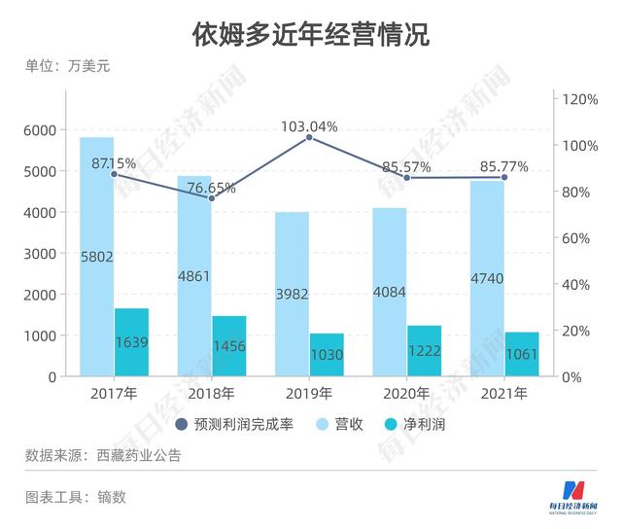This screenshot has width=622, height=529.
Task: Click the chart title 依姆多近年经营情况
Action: [310, 35]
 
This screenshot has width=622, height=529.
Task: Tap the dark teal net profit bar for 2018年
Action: [228, 346]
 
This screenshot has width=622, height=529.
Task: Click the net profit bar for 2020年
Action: [424, 351]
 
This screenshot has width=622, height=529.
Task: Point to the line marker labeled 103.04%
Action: [309, 138]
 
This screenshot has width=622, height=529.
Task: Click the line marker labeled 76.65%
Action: [211, 198]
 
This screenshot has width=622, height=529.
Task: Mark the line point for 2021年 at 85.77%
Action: [504, 177]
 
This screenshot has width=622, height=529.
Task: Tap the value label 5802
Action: [97, 257]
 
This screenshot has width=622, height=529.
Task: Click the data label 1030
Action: [327, 355]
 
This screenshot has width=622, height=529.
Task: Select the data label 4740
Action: [486, 280]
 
